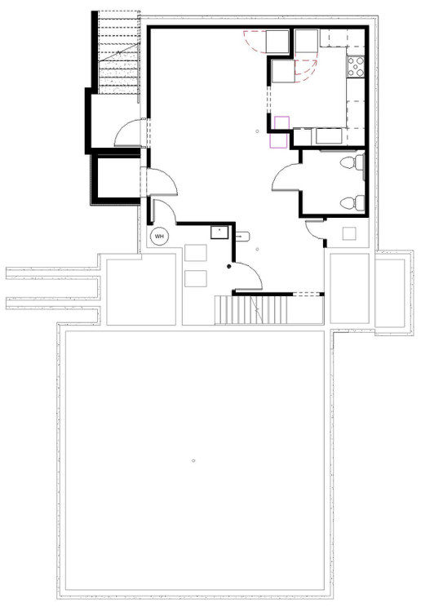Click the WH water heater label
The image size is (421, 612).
pos(159,237)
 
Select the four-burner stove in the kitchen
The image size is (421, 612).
pos(356,66)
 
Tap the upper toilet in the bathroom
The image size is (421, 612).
pos(352,162)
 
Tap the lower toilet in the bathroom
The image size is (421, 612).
pos(352,203)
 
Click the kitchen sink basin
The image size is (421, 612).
pos(329,136)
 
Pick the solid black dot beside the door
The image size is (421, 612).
pos(229,267)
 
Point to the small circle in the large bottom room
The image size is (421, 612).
pos(193,461)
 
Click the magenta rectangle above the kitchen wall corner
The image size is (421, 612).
pos(281,122)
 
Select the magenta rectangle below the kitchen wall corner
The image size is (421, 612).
pos(278,141)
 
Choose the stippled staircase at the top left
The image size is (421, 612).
pos(119,52)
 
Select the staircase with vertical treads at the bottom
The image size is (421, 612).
pos(251,310)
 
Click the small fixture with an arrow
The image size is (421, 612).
pos(242,236)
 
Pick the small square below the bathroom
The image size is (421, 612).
pos(349,233)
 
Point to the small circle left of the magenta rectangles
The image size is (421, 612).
pos(257,131)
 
